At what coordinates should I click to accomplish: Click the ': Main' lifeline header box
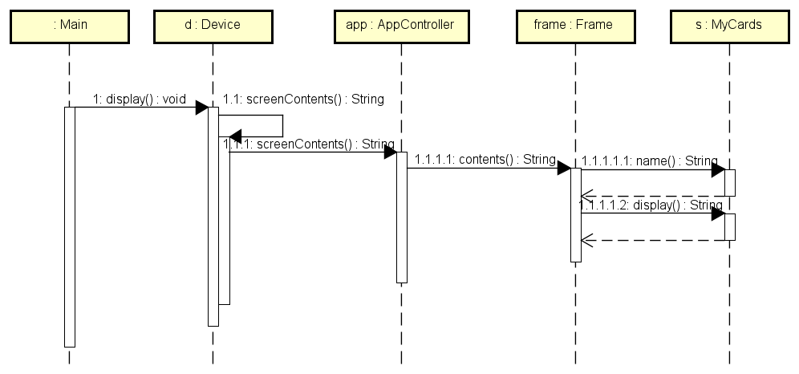(70, 25)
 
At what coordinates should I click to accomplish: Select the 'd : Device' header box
(213, 25)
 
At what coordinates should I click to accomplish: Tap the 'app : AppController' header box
(399, 25)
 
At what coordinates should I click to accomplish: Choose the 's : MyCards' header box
(728, 25)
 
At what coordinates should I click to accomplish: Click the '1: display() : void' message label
(140, 100)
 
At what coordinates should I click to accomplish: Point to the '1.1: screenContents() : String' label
(303, 100)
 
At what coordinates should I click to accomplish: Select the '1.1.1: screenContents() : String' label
(309, 144)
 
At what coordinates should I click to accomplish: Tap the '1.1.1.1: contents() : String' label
(485, 159)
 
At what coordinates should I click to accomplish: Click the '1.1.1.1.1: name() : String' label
(650, 161)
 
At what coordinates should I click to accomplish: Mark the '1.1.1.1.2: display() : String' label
(651, 205)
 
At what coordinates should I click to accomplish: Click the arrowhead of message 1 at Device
(202, 108)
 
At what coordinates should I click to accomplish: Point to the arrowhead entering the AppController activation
(390, 152)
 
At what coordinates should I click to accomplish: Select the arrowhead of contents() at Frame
(564, 169)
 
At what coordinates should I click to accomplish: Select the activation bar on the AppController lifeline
(401, 217)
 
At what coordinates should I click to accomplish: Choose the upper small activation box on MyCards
(730, 182)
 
